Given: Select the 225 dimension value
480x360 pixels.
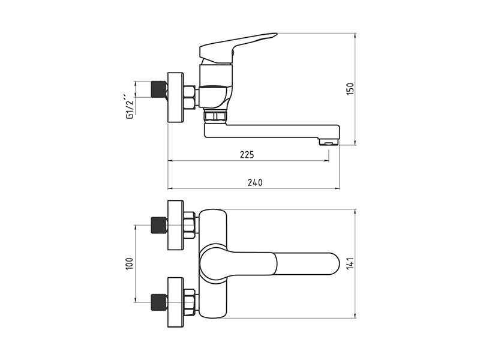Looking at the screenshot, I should pos(247,155).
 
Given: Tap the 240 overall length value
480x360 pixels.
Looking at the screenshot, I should pos(254,182).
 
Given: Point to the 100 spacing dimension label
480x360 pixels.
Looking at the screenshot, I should pos(128,263).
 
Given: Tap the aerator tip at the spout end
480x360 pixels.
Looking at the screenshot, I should pos(328,142).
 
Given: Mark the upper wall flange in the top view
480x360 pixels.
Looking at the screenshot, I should pos(175,225).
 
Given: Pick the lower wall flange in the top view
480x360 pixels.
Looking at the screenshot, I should pos(175,301).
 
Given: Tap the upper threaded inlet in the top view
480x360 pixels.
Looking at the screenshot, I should pos(158,225).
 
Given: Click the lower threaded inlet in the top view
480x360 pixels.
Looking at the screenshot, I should pos(158,301).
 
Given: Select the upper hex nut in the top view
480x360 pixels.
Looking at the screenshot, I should pos(190,225).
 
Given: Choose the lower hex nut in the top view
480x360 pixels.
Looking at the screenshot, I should pos(190,301).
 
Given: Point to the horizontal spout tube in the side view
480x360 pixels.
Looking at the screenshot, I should pos(270,130).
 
